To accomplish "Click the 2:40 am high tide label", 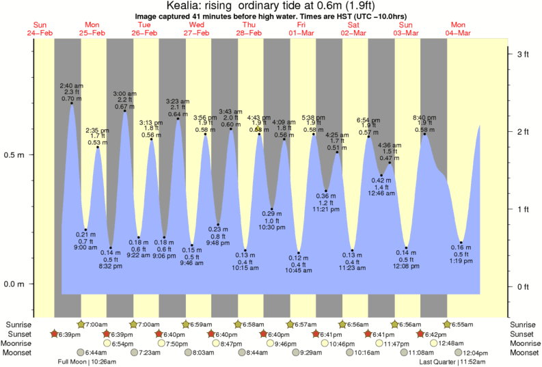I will click(x=71, y=85).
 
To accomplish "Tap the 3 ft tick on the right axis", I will click(x=522, y=53).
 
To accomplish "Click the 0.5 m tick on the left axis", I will click(x=15, y=154).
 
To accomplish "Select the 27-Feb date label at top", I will click(x=197, y=33).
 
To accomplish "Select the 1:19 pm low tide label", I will click(x=461, y=262).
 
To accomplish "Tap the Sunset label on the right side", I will click(x=524, y=334).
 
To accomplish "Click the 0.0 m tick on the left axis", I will click(x=15, y=284).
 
